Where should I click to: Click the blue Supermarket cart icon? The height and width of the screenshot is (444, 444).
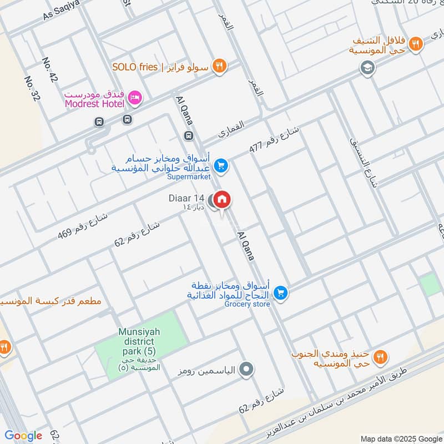221,165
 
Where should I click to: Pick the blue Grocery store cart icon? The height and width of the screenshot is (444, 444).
280,292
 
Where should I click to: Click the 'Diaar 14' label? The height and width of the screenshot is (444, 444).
187,198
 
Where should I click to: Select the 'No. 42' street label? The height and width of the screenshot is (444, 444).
49,70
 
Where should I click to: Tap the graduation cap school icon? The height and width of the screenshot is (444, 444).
367,68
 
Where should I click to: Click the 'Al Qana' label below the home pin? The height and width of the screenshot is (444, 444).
245,246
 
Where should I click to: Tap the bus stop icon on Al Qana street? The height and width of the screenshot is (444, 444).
189,135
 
